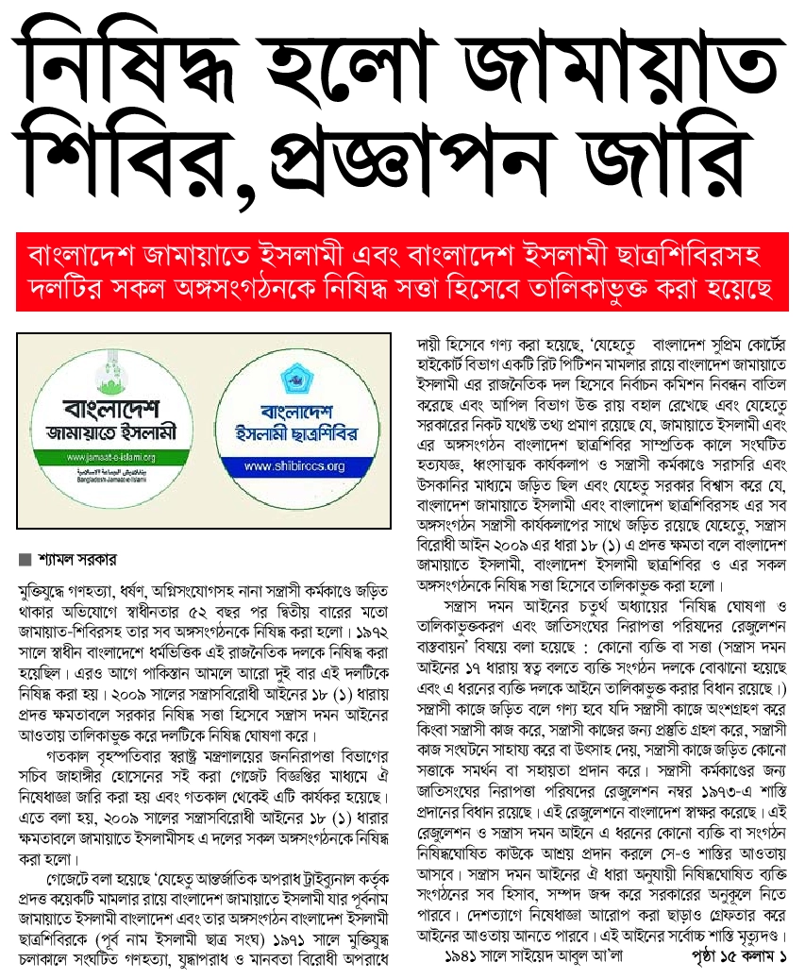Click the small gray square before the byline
tap(25, 559)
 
